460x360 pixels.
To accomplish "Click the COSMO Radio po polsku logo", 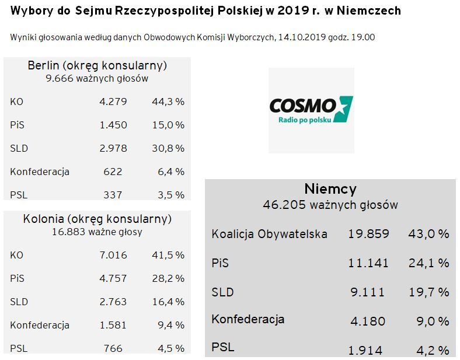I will [x=311, y=110].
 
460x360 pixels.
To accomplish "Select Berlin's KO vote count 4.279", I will [x=113, y=102].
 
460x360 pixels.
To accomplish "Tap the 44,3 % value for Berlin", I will [x=168, y=102].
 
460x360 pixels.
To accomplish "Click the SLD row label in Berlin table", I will [x=19, y=148].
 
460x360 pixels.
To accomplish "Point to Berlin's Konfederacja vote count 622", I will [x=113, y=172].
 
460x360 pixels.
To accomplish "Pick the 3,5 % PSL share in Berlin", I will [x=170, y=195].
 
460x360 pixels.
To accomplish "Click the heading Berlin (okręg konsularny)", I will [x=97, y=65].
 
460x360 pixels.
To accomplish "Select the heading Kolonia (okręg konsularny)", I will [x=97, y=219].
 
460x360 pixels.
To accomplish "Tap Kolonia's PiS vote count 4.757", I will [x=113, y=278].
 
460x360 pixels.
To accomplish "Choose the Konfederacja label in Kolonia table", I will [x=40, y=325].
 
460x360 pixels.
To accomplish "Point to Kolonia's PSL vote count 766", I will [x=113, y=348].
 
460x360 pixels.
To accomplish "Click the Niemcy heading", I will [x=330, y=189].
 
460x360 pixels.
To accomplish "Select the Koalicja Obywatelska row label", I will [x=269, y=234].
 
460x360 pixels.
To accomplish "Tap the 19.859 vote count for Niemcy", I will [x=368, y=234].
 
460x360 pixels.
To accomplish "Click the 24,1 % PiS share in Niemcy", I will [x=428, y=263].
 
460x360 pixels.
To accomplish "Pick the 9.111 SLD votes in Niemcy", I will [x=368, y=292].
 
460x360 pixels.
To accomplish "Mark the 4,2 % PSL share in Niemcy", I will [x=431, y=350].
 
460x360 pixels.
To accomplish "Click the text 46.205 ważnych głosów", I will [x=330, y=205].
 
